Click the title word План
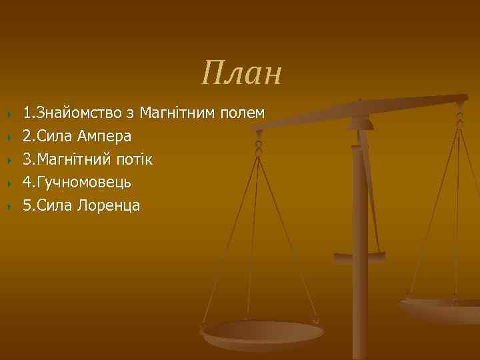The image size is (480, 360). pyautogui.click(x=242, y=73)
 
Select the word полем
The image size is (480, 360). pyautogui.click(x=243, y=113)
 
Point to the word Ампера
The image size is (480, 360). pyautogui.click(x=105, y=136)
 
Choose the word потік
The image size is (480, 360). pyautogui.click(x=134, y=159)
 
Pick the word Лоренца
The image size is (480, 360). pyautogui.click(x=109, y=205)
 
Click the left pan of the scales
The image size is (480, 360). pyautogui.click(x=263, y=333)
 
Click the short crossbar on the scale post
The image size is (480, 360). pyautogui.click(x=359, y=256)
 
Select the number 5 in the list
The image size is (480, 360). pyautogui.click(x=27, y=205)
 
